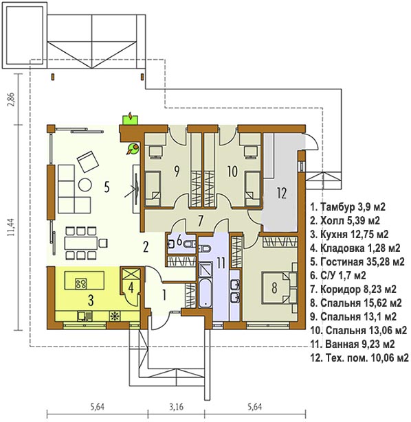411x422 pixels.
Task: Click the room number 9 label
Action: [x=177, y=172]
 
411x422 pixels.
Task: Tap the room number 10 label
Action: [x=232, y=172]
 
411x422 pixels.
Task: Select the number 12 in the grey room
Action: [x=282, y=193]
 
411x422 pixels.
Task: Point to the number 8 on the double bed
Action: [x=274, y=287]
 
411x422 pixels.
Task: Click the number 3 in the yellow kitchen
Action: [x=91, y=301]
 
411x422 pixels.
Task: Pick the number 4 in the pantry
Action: [x=131, y=288]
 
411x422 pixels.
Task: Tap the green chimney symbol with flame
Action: [x=131, y=119]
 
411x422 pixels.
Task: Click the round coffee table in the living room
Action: [x=85, y=185]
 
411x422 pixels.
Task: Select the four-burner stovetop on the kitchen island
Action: [x=81, y=283]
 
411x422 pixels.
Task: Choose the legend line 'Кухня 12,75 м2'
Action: [x=349, y=235]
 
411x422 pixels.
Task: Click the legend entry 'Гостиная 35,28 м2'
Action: [x=357, y=261]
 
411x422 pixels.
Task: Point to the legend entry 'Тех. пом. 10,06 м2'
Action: [x=359, y=357]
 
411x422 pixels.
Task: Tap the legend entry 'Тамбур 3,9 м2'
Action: [x=348, y=207]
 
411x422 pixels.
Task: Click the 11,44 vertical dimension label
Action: [x=11, y=227]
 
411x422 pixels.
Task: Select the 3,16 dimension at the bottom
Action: [x=177, y=407]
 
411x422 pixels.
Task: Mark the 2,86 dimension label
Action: [x=11, y=99]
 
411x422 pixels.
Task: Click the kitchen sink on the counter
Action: [x=85, y=316]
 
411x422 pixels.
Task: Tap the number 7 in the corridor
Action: [x=200, y=221]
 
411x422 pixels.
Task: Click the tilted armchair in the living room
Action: [x=88, y=161]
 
